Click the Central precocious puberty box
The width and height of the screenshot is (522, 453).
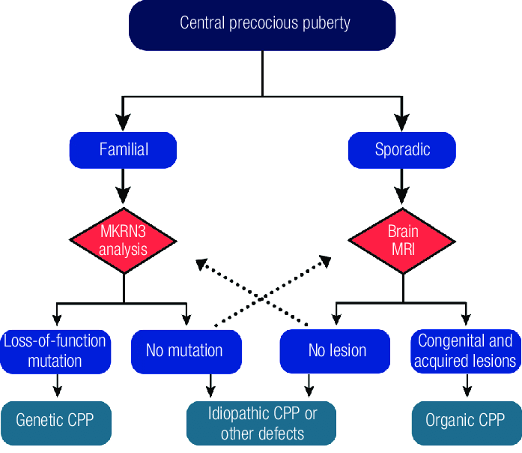click(x=264, y=24)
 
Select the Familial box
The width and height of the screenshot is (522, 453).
click(x=124, y=149)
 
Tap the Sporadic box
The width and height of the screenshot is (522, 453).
click(x=402, y=149)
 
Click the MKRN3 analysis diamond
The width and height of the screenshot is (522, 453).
click(x=124, y=240)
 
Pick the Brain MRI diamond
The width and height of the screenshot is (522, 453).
click(x=402, y=240)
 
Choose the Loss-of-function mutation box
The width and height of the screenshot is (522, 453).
click(x=55, y=351)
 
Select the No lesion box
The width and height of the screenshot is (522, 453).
click(x=337, y=351)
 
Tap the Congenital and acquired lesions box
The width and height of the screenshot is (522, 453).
click(x=467, y=351)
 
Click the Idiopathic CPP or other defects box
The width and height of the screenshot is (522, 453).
click(x=262, y=422)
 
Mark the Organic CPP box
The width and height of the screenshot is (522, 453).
click(x=467, y=420)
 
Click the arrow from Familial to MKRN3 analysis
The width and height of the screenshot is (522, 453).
click(x=124, y=186)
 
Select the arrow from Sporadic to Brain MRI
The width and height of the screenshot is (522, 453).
click(x=402, y=186)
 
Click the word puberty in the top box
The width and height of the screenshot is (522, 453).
click(x=327, y=22)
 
